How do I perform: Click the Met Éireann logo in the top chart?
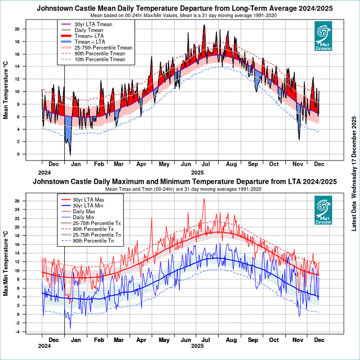(x=323, y=36)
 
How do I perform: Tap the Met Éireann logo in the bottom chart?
(x=323, y=210)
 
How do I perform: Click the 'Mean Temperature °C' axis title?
(x=7, y=93)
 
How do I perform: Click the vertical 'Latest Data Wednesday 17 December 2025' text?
(x=354, y=180)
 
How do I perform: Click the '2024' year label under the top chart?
(x=44, y=173)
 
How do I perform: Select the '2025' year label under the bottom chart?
(x=197, y=346)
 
